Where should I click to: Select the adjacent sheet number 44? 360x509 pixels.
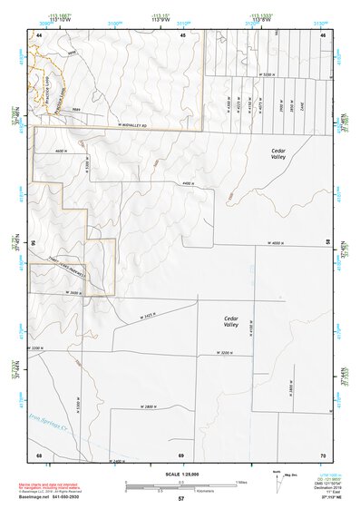[x=39, y=34]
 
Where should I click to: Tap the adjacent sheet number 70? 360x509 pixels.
[x=321, y=453]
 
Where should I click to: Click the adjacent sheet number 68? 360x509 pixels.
[x=39, y=453]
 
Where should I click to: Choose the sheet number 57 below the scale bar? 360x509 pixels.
[x=180, y=497]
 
